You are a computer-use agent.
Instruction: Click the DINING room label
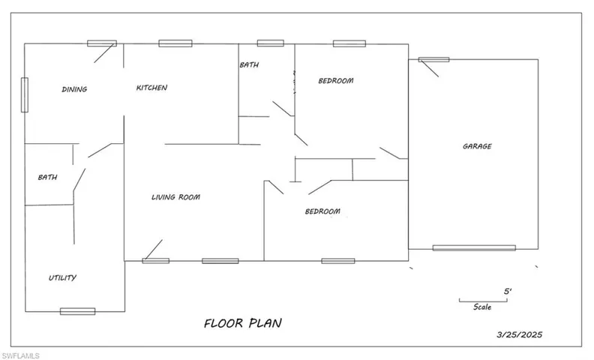(75, 89)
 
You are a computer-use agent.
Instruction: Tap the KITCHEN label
(152, 88)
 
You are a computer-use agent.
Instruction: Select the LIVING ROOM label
(175, 197)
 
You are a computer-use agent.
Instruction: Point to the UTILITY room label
(62, 277)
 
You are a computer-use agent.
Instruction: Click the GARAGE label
(477, 146)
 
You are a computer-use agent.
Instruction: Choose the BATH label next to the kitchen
(249, 64)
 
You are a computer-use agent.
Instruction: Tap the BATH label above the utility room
(48, 177)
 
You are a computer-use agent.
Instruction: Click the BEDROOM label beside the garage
(336, 81)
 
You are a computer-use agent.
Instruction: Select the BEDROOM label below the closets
(322, 211)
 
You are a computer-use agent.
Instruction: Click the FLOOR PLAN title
(243, 323)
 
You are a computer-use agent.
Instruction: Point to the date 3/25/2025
(519, 334)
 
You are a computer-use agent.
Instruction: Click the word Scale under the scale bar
(482, 307)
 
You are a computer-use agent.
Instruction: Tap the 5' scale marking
(508, 292)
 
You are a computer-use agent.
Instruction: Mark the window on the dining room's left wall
(25, 94)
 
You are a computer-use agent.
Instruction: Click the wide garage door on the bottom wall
(474, 248)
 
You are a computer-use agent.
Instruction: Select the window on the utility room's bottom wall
(78, 311)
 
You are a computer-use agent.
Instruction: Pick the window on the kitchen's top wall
(175, 43)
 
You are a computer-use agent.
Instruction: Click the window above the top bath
(271, 43)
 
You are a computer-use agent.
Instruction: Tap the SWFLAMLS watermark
(20, 355)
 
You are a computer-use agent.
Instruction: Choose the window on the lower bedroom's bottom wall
(338, 261)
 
